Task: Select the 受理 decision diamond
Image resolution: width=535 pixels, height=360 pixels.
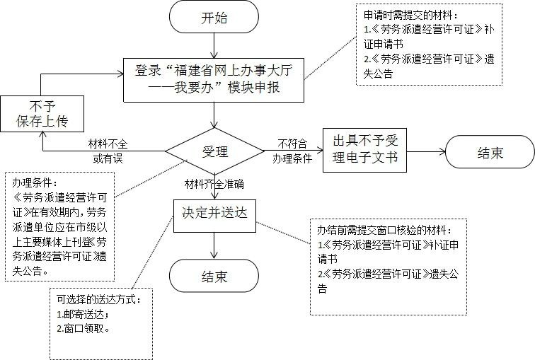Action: (214, 151)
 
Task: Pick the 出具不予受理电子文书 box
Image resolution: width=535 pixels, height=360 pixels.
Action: (365, 151)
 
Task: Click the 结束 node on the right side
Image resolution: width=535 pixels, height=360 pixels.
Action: (490, 151)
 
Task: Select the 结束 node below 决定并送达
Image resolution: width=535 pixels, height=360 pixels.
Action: (214, 276)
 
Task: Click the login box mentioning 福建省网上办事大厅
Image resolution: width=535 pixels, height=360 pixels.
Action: (214, 79)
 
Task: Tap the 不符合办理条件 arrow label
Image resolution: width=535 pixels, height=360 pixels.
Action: (292, 151)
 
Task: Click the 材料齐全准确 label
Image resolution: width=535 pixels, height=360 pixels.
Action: (214, 185)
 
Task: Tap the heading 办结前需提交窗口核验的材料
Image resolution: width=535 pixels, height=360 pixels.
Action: (384, 230)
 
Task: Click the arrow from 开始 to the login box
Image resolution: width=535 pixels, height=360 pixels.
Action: (215, 45)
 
